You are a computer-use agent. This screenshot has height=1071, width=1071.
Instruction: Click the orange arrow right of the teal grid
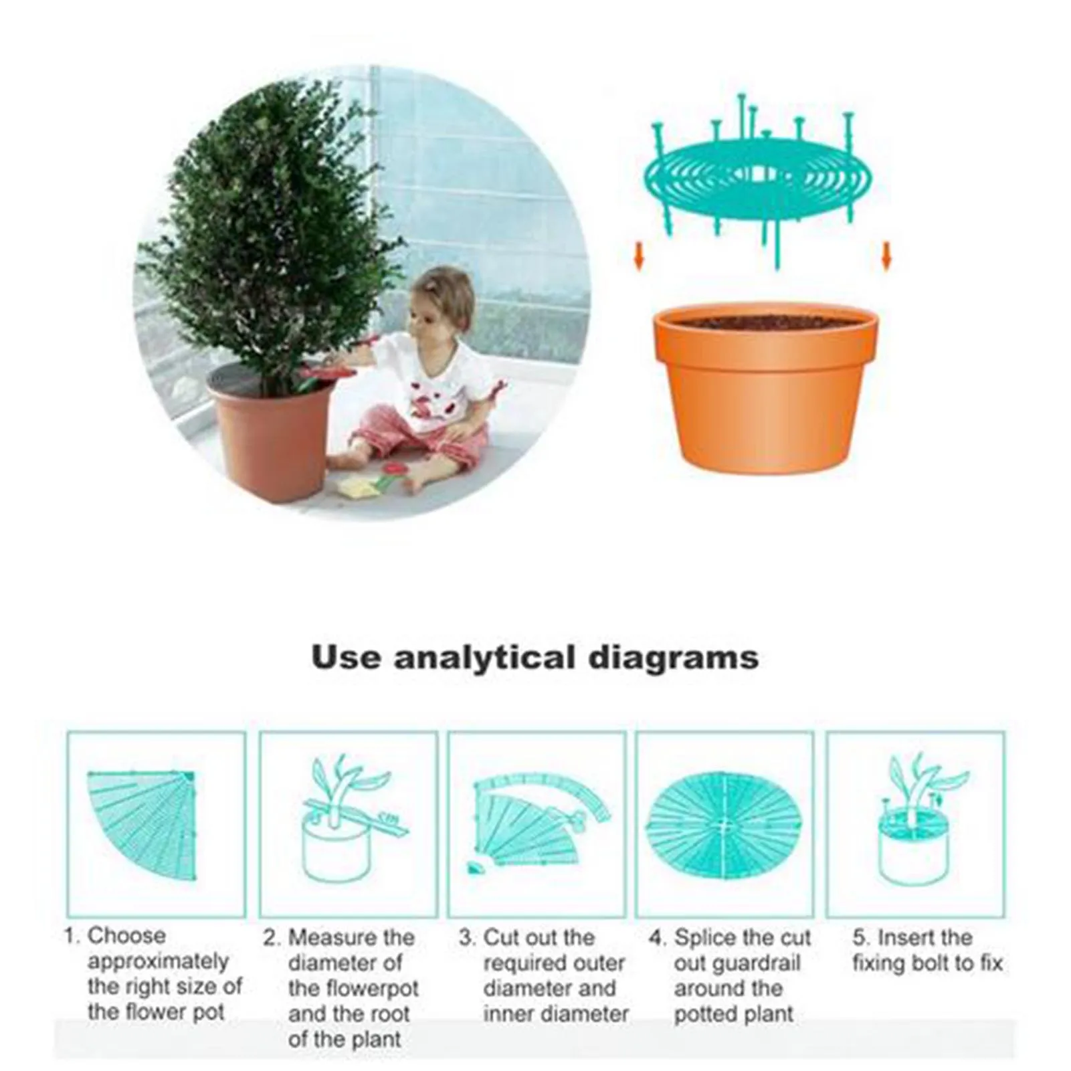[887, 256]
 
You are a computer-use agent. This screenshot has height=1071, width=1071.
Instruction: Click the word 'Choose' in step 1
[126, 935]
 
